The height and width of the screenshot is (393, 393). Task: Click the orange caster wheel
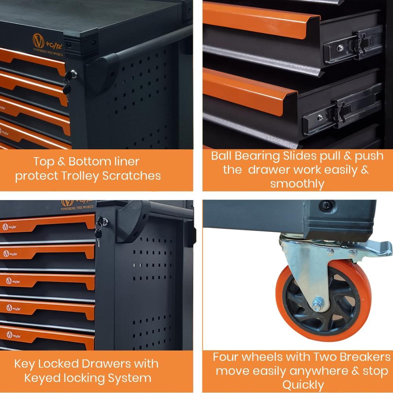coord(323,300)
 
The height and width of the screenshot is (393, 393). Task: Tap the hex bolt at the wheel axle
coord(318,305)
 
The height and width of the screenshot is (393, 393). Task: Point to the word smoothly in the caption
coord(297,184)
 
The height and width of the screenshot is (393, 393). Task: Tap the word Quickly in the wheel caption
coord(303,385)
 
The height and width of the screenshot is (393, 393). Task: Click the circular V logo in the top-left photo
coord(39,41)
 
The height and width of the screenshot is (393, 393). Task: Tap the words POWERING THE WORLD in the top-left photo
coord(48,52)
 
